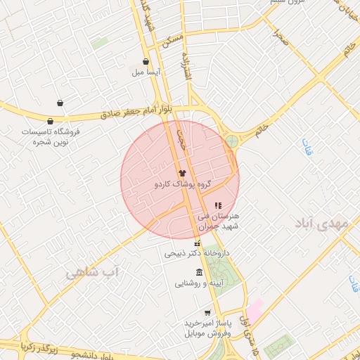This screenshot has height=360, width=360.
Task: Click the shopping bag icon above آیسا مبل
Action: [x=146, y=62]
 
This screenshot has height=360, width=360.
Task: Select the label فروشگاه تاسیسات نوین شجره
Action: [x=50, y=136]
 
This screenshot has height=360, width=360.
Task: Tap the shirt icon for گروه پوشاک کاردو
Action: [x=181, y=172]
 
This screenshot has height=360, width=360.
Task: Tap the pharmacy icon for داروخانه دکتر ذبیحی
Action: [x=197, y=243]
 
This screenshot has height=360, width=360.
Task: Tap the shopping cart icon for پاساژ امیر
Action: [x=207, y=312]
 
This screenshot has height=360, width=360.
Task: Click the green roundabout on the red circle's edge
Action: [x=231, y=141]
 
